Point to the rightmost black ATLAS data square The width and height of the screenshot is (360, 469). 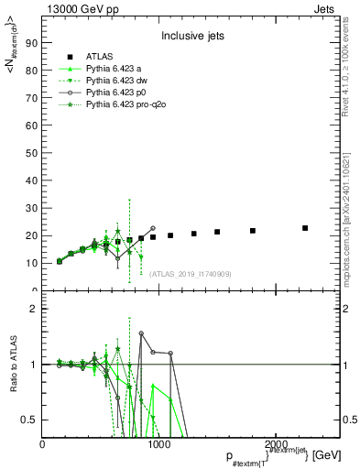coord(305,228)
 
